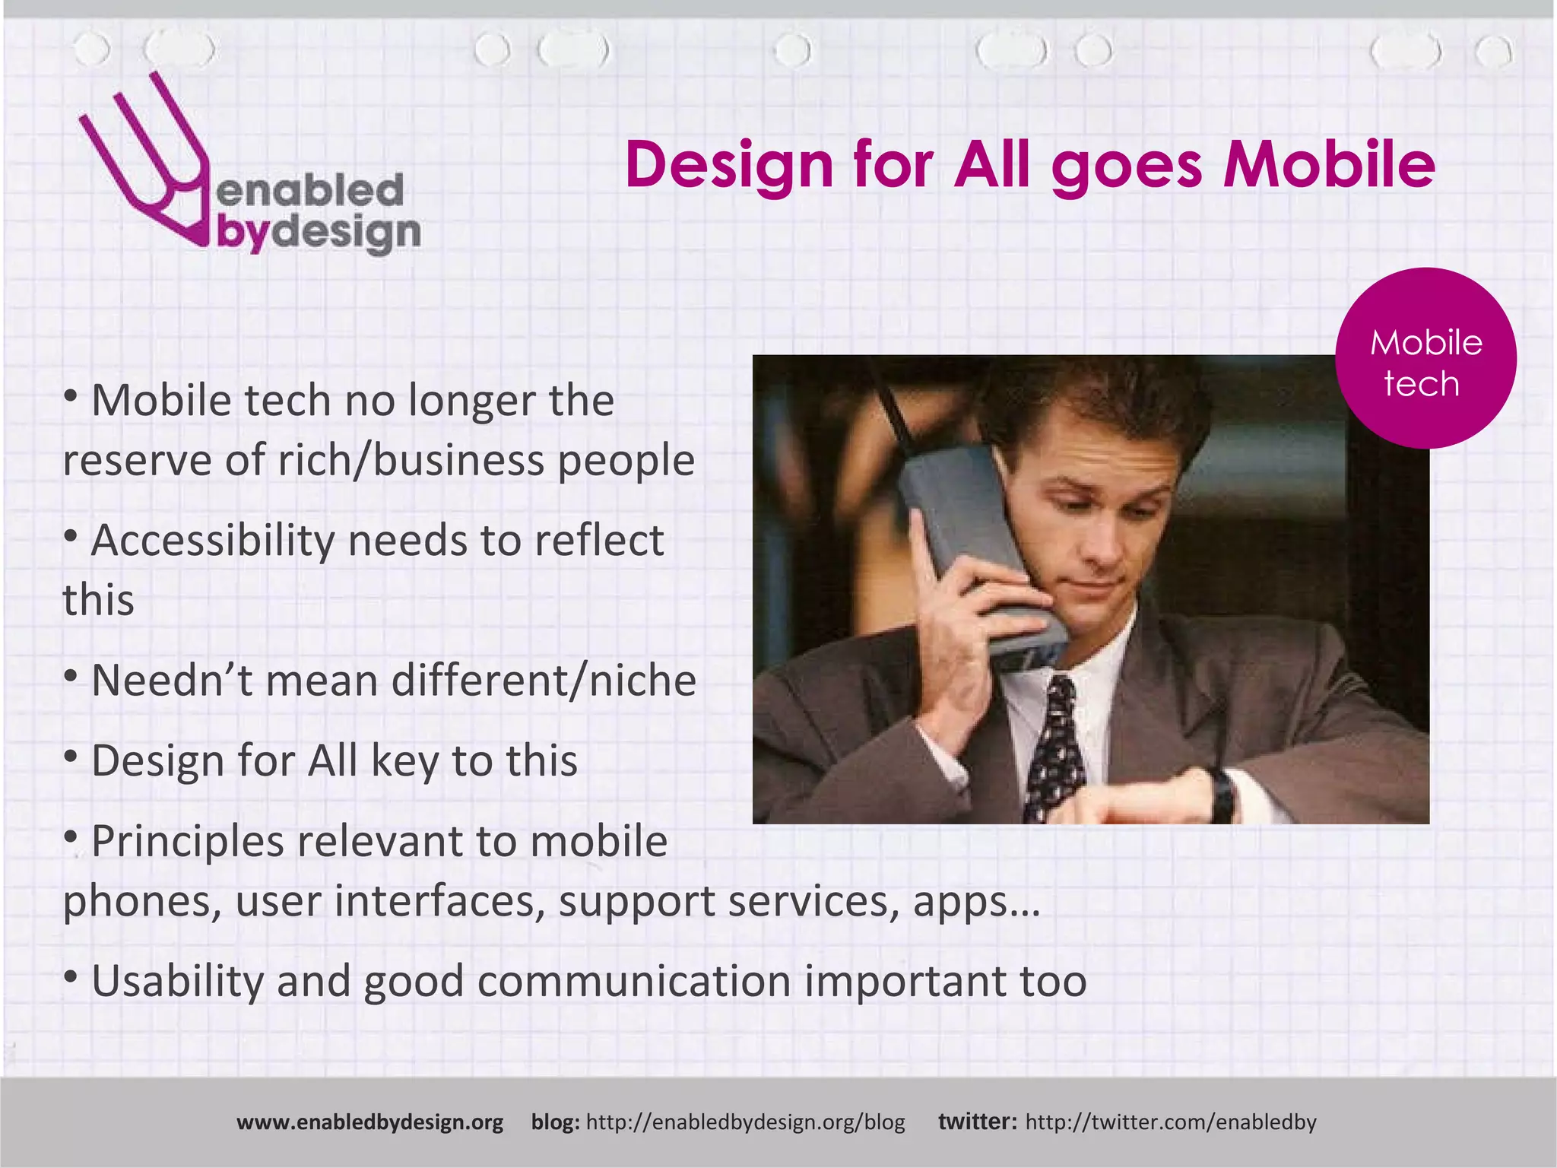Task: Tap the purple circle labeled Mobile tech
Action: pyautogui.click(x=1425, y=358)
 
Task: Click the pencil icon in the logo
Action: pyautogui.click(x=144, y=163)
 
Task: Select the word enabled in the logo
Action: pyautogui.click(x=310, y=190)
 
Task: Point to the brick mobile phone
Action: pyautogui.click(x=981, y=547)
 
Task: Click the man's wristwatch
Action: pyautogui.click(x=1222, y=795)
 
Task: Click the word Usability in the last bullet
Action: pyautogui.click(x=177, y=981)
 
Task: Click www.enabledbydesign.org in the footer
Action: pyautogui.click(x=369, y=1122)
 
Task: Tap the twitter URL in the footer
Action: pyautogui.click(x=1170, y=1122)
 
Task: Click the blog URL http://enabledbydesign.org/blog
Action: pyautogui.click(x=745, y=1122)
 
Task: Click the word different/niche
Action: pyautogui.click(x=544, y=681)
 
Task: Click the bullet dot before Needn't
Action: pyautogui.click(x=71, y=675)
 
